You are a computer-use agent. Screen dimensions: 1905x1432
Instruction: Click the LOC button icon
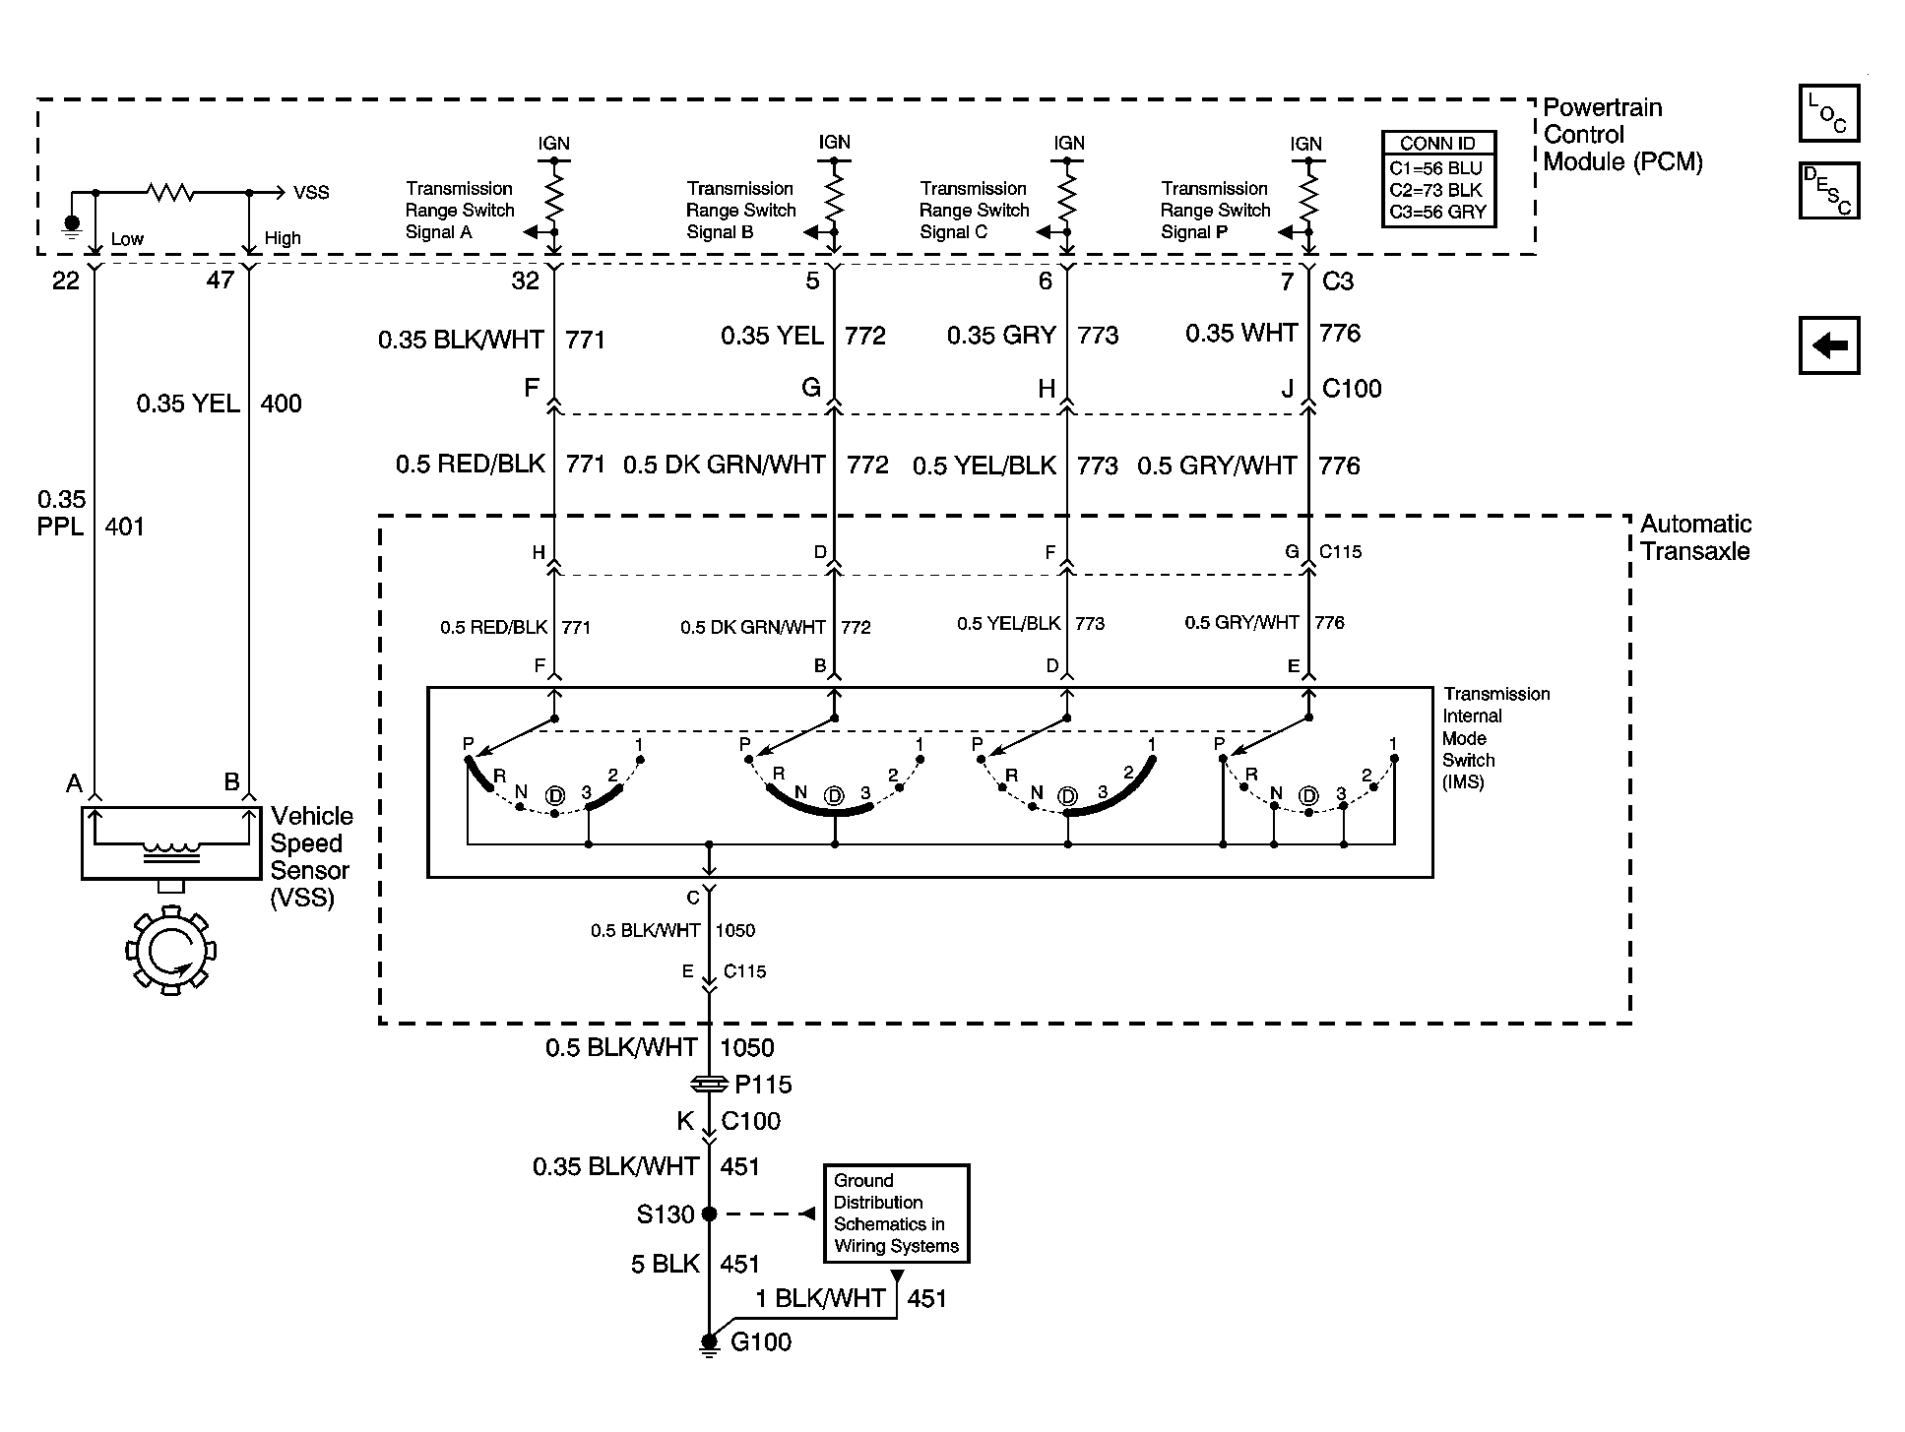click(1829, 113)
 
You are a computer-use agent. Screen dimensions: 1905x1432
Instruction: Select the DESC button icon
click(1829, 190)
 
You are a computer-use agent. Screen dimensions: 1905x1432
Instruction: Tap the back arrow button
click(1829, 345)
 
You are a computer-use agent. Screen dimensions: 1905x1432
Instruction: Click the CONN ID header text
click(1437, 144)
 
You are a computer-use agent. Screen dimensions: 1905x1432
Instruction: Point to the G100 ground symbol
click(709, 1344)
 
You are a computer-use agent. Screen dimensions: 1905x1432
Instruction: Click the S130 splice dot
click(709, 1214)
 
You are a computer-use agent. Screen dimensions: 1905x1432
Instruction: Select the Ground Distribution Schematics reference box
click(896, 1214)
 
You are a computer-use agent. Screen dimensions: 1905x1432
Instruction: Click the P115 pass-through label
click(763, 1085)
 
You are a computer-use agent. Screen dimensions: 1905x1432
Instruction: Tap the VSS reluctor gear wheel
click(171, 951)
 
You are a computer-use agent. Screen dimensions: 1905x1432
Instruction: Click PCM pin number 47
click(221, 280)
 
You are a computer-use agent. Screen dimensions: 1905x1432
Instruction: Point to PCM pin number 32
click(526, 280)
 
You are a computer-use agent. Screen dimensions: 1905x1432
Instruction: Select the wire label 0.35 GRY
click(1001, 336)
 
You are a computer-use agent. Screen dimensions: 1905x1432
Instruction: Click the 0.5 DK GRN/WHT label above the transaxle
click(725, 465)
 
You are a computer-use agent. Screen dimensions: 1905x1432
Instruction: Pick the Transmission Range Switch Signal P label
click(1215, 210)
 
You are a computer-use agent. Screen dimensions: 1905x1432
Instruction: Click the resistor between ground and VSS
click(170, 193)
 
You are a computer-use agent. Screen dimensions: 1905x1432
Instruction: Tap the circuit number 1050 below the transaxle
click(747, 1047)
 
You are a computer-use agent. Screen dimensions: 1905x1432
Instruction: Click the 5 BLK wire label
click(666, 1264)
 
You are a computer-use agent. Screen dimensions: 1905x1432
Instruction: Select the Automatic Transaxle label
click(1695, 537)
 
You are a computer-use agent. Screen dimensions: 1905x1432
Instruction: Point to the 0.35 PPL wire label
click(61, 513)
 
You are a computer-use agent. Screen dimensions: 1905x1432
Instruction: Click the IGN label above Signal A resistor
click(554, 144)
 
